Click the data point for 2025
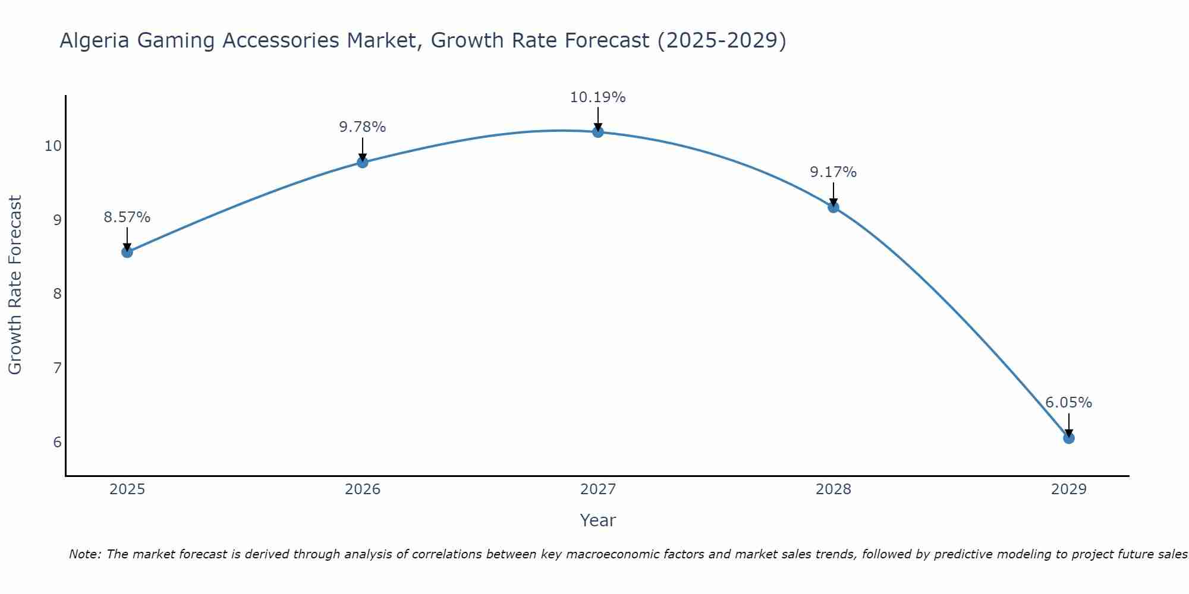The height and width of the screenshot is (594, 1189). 127,252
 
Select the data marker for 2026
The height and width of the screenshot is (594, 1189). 363,162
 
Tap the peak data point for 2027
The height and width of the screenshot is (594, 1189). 598,132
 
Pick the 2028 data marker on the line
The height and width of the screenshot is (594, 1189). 833,207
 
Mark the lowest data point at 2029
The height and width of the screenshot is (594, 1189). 1068,438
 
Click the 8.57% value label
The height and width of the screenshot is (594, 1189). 127,217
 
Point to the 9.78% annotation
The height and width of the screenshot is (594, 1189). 363,127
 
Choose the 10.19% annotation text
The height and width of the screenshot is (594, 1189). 597,97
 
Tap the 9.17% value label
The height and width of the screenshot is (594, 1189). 833,172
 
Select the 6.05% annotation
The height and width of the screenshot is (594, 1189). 1068,403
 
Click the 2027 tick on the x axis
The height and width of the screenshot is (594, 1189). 598,489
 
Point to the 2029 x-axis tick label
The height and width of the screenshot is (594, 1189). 1068,489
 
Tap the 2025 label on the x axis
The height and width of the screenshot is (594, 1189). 127,489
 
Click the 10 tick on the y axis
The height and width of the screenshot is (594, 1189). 53,146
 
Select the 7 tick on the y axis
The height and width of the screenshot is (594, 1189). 57,368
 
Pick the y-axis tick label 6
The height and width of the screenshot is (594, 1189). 57,443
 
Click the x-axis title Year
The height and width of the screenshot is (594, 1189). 597,520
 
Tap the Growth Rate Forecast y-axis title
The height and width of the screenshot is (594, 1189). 15,285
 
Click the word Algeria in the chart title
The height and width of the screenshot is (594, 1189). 95,41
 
